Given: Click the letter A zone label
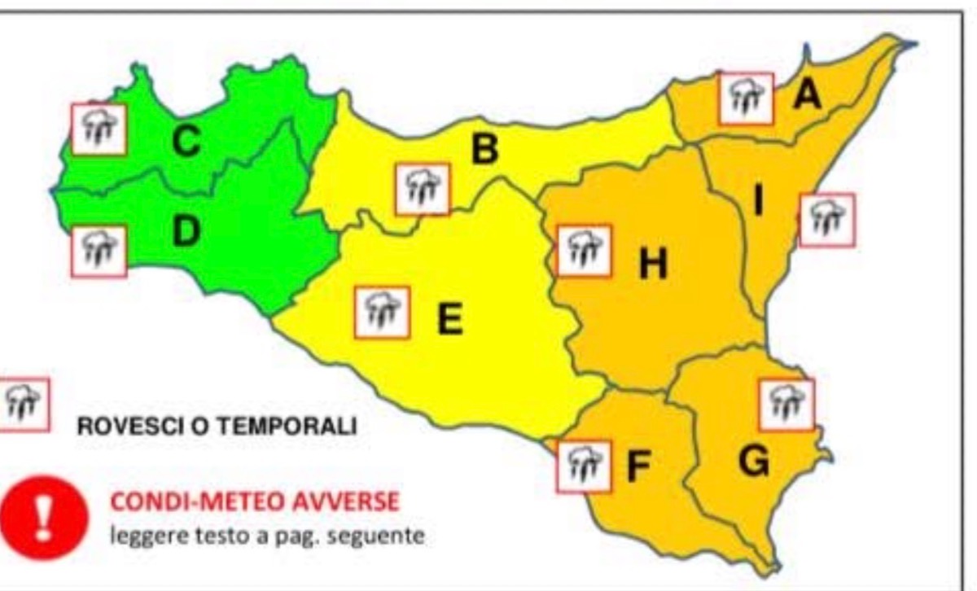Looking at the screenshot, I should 807,95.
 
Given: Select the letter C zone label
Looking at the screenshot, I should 186,144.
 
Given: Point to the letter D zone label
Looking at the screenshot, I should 186,233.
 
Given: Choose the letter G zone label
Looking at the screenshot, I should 754,462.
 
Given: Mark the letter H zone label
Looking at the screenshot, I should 653,264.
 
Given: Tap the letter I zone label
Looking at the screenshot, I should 758,200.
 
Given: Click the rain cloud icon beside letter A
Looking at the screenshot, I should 746,98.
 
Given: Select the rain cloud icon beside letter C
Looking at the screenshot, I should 99,129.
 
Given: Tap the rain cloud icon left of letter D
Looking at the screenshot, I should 99,252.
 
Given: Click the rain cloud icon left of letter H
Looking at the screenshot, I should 584,251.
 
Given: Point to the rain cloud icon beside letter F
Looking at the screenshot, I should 584,467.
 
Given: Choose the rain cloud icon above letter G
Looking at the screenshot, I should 786,405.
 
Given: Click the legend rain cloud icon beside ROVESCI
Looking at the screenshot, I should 23,405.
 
